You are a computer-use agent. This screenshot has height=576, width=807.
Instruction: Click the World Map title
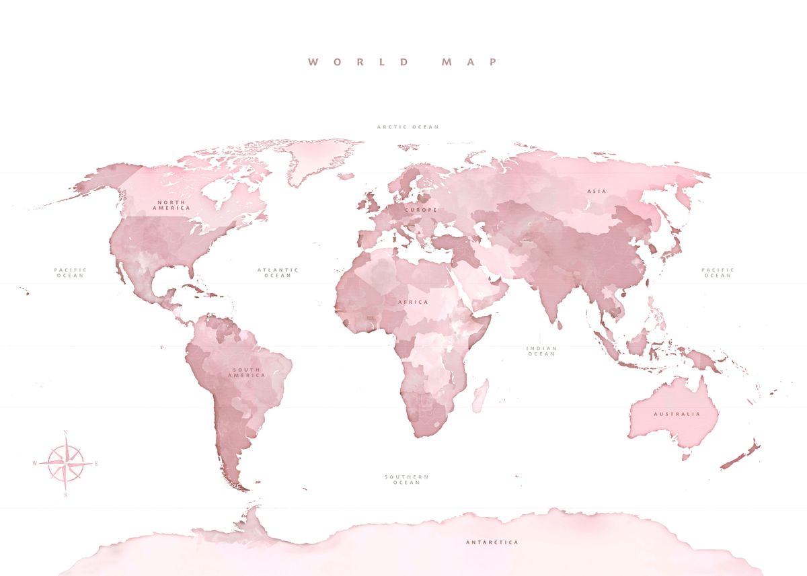click(x=403, y=62)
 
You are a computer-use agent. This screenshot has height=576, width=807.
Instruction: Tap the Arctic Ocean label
click(x=408, y=126)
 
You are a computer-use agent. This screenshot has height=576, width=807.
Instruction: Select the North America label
click(x=171, y=205)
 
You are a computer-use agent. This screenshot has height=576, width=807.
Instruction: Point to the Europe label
click(x=421, y=210)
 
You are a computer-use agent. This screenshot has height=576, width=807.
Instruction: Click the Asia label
click(x=597, y=192)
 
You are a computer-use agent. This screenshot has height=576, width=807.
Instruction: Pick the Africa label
click(x=413, y=302)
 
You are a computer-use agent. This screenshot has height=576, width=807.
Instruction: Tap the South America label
click(x=247, y=372)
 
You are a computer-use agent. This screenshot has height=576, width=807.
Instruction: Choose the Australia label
click(x=677, y=414)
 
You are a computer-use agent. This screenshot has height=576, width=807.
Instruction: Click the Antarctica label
click(x=492, y=542)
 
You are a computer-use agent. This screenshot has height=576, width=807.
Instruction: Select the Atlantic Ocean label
click(x=278, y=273)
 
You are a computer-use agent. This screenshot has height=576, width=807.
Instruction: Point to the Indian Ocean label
click(x=541, y=351)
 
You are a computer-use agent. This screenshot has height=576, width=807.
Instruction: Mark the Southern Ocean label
click(x=406, y=479)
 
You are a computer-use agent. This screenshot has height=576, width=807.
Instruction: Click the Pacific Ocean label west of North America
click(x=71, y=273)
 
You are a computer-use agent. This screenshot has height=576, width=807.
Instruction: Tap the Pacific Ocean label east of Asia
click(x=718, y=273)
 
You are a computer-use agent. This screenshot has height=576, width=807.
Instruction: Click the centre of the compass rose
click(x=66, y=463)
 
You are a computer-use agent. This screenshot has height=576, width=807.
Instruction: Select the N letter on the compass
click(x=66, y=434)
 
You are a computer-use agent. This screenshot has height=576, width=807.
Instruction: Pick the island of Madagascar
click(x=479, y=396)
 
